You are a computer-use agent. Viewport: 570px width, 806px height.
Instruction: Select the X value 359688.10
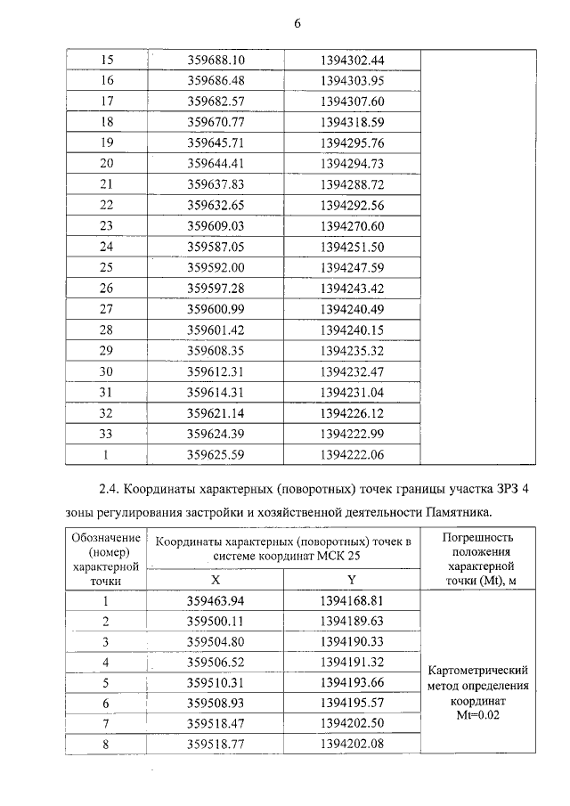tap(216, 61)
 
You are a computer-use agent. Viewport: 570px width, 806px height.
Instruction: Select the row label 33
tap(107, 434)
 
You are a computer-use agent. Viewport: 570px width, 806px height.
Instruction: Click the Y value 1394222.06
tap(352, 454)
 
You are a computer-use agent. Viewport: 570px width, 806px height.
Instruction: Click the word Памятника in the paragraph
tap(457, 513)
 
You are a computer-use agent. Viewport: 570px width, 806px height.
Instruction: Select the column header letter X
tap(216, 578)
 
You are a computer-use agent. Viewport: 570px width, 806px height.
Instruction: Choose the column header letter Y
tap(352, 578)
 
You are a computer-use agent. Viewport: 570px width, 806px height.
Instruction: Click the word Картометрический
tap(478, 671)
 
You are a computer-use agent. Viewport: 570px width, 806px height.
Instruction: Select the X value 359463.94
tap(216, 600)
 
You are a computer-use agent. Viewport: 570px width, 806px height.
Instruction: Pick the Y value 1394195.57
tap(352, 704)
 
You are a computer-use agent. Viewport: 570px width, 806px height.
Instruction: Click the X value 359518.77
tap(216, 745)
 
